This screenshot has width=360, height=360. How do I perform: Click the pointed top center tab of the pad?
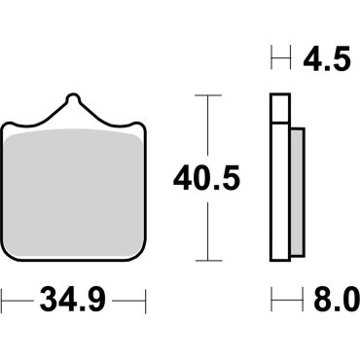point(73,100)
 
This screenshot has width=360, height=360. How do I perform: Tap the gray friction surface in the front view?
point(73,195)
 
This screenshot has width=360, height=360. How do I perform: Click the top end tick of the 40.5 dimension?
point(203,95)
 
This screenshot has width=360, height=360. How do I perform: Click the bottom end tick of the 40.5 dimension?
point(203,260)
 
